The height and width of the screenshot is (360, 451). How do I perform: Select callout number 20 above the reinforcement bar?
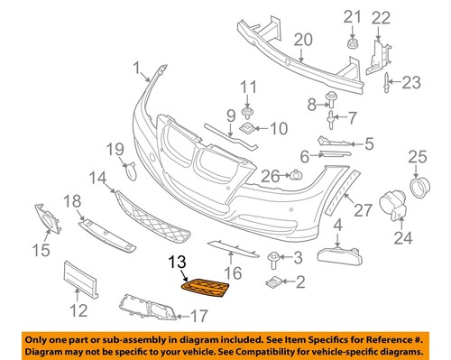point(301,39)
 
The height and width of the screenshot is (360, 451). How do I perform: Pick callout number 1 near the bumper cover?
point(136,69)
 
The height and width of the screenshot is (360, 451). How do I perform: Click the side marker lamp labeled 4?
point(338,247)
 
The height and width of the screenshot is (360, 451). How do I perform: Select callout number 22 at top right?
point(382,17)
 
